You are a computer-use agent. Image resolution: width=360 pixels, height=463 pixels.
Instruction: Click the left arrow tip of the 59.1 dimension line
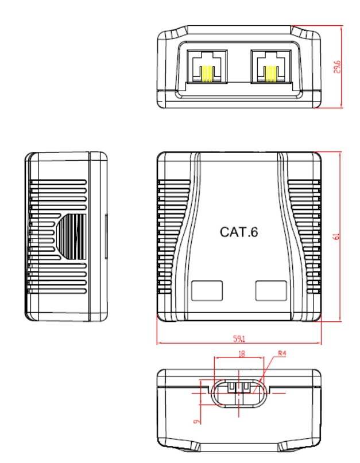(157, 343)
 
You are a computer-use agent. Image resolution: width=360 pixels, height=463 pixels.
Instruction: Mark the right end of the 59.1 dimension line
(321, 343)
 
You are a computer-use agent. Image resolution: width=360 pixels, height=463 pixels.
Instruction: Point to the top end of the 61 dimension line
(340, 152)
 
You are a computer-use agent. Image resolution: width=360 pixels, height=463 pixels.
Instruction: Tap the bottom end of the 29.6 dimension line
(342, 107)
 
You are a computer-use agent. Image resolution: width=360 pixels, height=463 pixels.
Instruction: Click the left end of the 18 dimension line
(214, 357)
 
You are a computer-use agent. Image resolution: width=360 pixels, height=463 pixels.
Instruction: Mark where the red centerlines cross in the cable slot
(238, 393)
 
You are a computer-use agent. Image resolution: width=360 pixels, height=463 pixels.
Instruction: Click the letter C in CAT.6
(225, 232)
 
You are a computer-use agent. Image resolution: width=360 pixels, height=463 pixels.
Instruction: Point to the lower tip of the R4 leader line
(253, 393)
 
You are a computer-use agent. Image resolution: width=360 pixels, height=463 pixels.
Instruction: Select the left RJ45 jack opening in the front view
(207, 67)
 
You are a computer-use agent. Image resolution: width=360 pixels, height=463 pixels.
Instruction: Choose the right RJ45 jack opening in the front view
(271, 67)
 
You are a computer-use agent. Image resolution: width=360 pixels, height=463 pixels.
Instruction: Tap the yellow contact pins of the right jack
(271, 74)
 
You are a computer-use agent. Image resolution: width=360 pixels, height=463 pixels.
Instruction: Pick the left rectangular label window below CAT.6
(207, 291)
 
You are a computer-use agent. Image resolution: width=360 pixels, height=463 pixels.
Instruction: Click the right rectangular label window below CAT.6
(271, 291)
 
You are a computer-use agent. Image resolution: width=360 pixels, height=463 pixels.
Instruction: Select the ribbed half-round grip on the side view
(71, 237)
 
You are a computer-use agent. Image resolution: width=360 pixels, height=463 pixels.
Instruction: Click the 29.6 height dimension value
(337, 67)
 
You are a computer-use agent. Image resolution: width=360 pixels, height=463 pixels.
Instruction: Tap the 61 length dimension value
(336, 236)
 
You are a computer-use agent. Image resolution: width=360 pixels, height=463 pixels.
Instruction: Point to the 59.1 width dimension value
(239, 339)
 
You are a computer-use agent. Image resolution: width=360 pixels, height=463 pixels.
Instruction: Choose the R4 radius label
(282, 353)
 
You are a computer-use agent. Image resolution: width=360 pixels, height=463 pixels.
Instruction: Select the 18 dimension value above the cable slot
(242, 353)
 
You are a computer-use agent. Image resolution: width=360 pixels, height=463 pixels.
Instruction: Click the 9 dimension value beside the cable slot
(196, 421)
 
